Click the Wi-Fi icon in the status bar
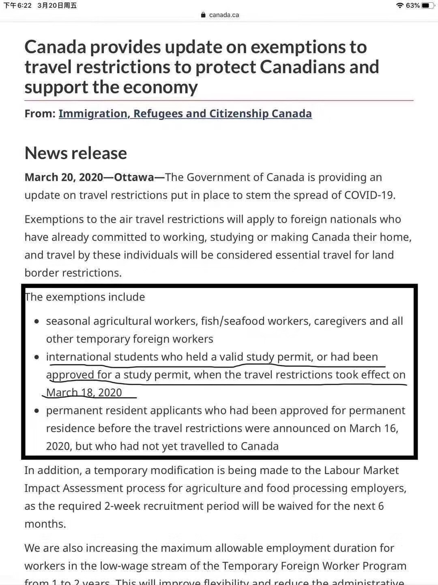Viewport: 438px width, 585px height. tap(400, 5)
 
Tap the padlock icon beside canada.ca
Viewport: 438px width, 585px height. tap(204, 15)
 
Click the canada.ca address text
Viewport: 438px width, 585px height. tap(224, 15)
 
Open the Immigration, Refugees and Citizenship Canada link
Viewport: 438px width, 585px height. tap(185, 113)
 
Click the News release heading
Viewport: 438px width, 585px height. tap(76, 153)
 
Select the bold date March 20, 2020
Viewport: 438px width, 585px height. tap(64, 178)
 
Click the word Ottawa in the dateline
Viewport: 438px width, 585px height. tap(134, 178)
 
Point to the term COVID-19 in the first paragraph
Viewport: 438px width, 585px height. tap(369, 195)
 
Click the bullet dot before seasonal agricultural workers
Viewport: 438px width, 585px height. tap(37, 321)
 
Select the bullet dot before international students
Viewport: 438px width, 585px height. tap(37, 357)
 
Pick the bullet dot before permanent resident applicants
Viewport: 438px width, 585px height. tap(37, 411)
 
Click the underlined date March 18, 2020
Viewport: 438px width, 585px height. tap(84, 392)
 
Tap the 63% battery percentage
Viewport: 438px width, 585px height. tap(412, 5)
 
